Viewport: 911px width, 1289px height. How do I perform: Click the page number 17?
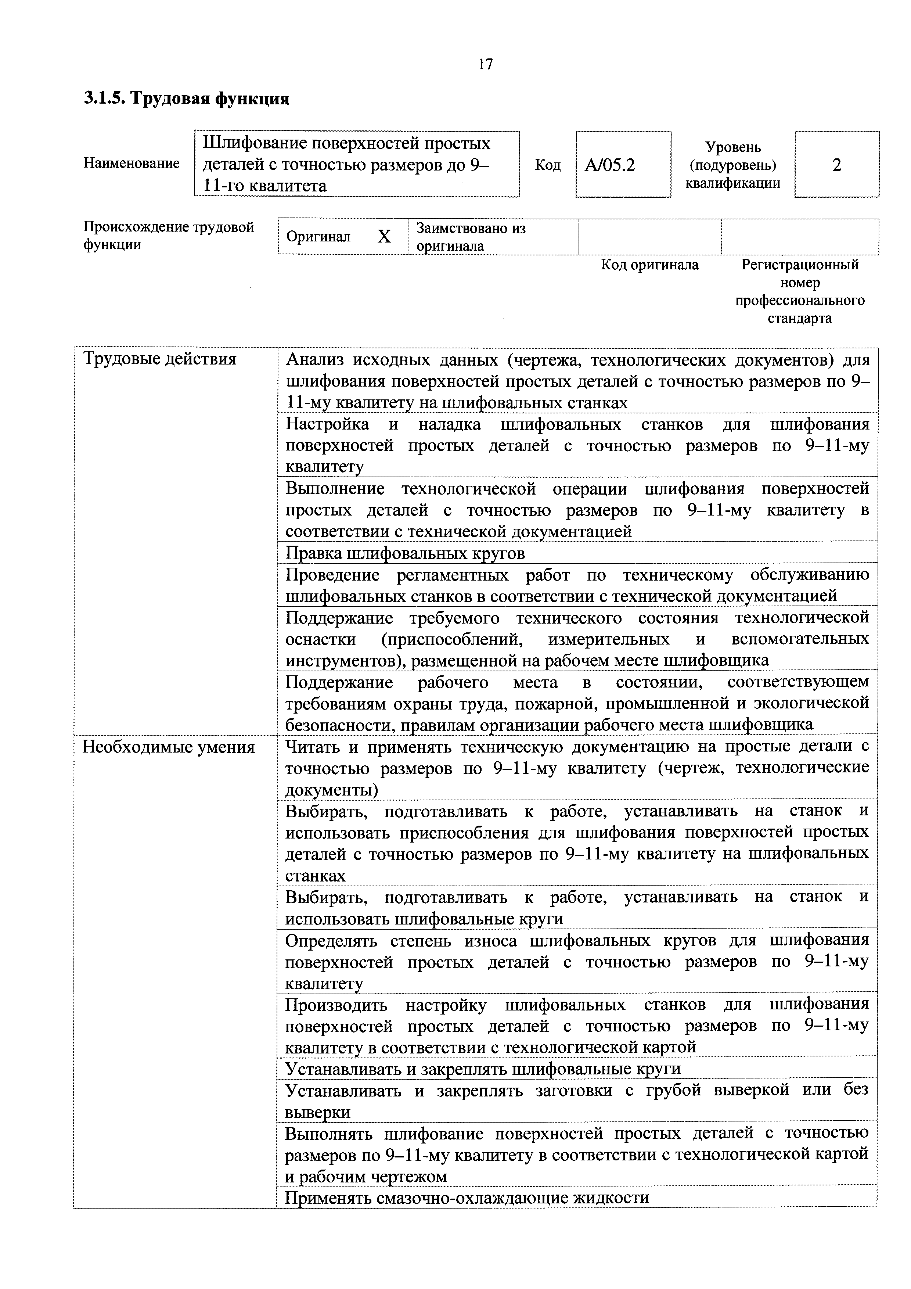point(486,65)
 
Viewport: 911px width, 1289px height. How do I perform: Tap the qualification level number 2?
point(836,165)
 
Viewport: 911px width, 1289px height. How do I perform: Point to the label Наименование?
point(132,164)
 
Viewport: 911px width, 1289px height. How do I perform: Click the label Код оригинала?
point(649,265)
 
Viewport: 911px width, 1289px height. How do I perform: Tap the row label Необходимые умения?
point(168,747)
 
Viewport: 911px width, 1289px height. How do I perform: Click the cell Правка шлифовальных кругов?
point(405,553)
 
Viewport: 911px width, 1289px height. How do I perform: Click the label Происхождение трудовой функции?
point(168,236)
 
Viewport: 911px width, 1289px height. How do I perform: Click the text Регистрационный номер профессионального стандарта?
point(800,291)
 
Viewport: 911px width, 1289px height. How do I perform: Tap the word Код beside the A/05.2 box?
point(547,165)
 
